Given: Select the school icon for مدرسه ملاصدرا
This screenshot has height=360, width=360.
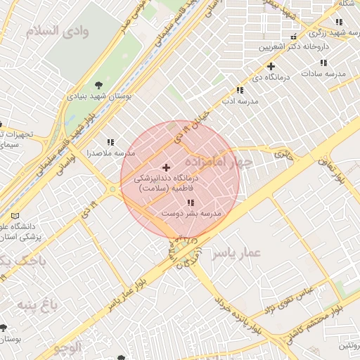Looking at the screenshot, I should pos(110,141).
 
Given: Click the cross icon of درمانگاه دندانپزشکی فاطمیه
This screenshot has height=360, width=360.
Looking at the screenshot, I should pos(166,167).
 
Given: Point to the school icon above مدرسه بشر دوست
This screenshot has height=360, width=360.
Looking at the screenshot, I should pos(191,202).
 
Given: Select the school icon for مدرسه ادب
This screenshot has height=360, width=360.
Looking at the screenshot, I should pos(240,90).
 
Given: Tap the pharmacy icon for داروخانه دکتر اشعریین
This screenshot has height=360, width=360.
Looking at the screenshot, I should pos(292,37).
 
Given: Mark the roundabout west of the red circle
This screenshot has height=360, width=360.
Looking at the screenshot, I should pos(112,188).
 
